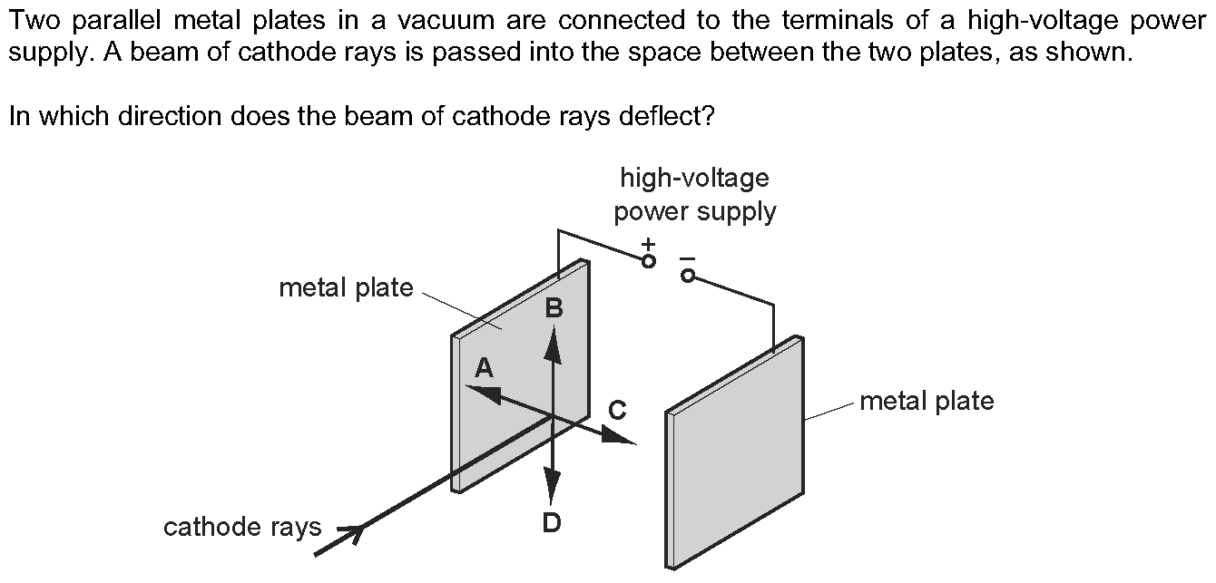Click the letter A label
click(x=485, y=367)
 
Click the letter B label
click(x=554, y=308)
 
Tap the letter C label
click(x=617, y=411)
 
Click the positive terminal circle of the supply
click(x=648, y=261)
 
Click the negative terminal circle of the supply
click(x=688, y=275)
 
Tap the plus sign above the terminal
click(x=648, y=244)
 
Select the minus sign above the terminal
click(x=686, y=257)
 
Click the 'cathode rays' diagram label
click(x=242, y=527)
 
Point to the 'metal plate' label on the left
click(x=346, y=288)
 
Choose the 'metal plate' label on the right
click(x=927, y=401)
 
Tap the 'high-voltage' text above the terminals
click(x=694, y=178)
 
